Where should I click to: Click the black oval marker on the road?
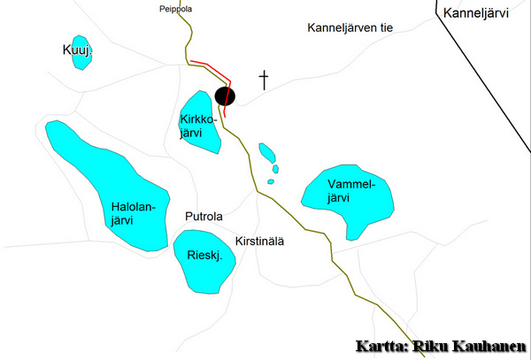click(x=227, y=96)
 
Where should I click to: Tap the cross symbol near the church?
click(x=264, y=80)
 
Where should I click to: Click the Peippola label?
click(x=176, y=9)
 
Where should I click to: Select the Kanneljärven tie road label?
click(x=350, y=28)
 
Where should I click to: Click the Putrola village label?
click(x=204, y=217)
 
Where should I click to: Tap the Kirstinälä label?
click(x=260, y=241)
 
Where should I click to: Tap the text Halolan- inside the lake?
click(x=133, y=208)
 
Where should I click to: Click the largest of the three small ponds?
click(x=266, y=151)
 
